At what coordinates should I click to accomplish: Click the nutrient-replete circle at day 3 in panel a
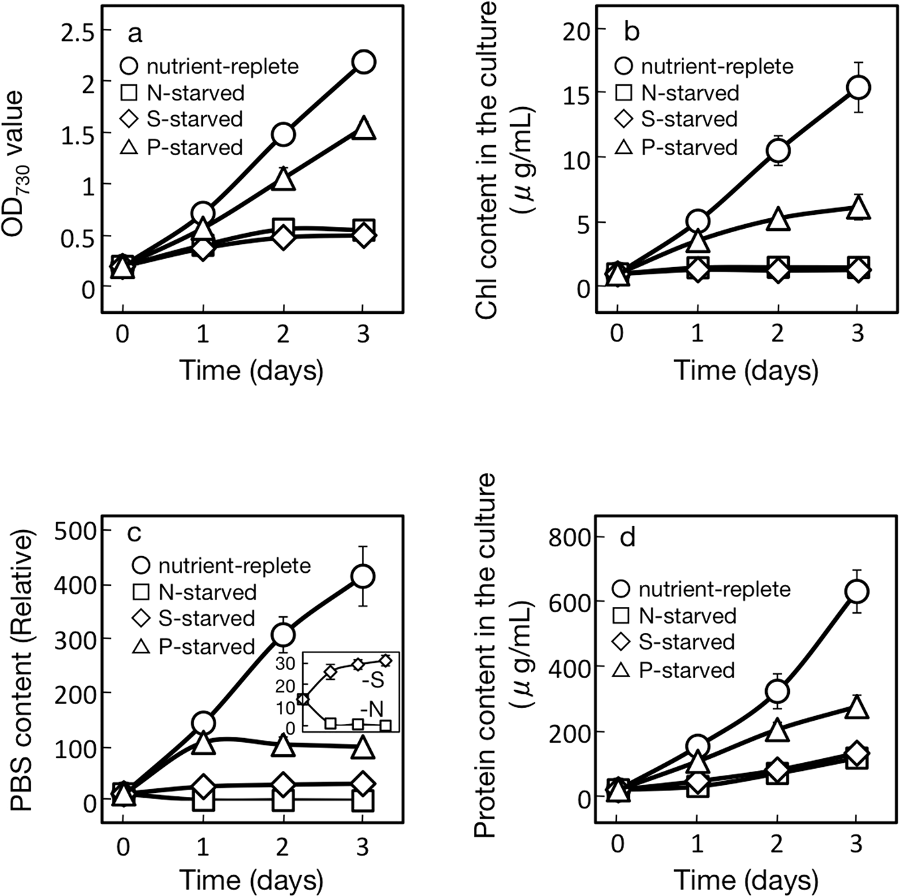tap(363, 62)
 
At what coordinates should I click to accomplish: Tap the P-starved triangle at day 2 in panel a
tap(283, 179)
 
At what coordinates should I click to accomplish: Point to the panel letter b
tap(631, 31)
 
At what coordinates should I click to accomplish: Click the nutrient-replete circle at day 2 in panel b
tap(778, 151)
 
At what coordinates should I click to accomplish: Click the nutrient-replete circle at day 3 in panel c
tap(363, 576)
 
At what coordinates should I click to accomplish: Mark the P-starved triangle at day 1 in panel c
tap(203, 742)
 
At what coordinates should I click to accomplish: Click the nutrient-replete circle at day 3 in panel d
tap(857, 591)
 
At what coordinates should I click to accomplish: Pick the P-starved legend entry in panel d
tap(676, 670)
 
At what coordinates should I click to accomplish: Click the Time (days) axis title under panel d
tap(746, 879)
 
